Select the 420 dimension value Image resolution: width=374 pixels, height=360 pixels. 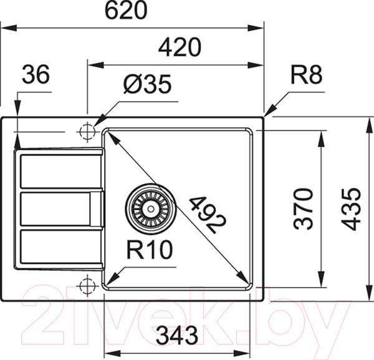(x=179, y=47)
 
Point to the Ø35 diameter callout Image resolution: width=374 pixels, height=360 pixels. (x=146, y=85)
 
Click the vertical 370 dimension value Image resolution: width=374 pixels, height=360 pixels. (x=304, y=208)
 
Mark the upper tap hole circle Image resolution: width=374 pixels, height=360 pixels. (x=87, y=132)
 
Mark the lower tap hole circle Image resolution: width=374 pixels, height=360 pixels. (x=87, y=286)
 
